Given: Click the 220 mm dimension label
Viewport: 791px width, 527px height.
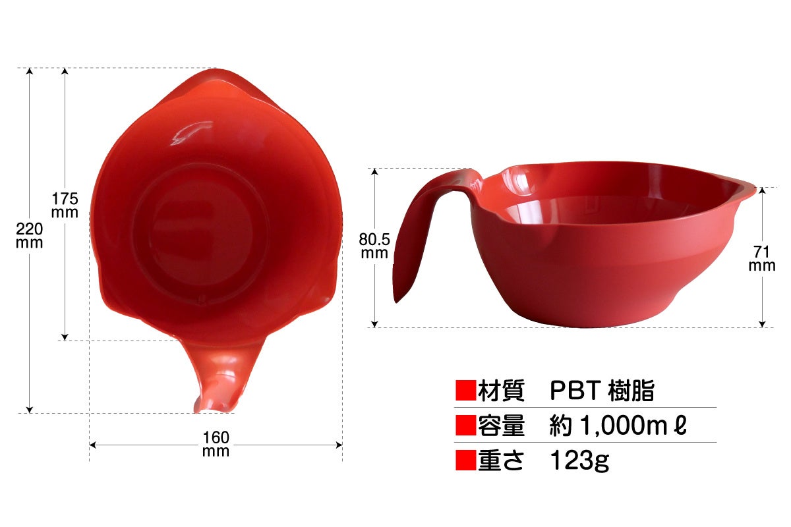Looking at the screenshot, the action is (29, 235).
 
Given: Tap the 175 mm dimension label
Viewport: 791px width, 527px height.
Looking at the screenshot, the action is (65, 206).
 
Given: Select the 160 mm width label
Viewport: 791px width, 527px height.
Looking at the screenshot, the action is (216, 444).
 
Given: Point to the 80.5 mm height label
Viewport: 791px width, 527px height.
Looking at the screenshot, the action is (374, 246).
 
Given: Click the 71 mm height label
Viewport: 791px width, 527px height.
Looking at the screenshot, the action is (762, 258).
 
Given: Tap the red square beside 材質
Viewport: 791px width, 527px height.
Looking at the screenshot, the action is (465, 390).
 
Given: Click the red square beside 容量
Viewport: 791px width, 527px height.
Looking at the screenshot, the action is (465, 425).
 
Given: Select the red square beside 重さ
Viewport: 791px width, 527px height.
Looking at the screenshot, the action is (465, 460).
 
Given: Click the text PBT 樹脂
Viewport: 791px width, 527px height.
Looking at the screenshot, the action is (602, 390).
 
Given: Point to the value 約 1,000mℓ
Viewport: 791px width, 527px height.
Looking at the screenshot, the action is (618, 425).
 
